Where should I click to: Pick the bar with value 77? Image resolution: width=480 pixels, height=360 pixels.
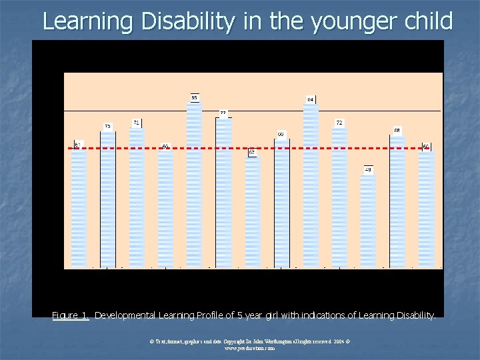pos(223,193)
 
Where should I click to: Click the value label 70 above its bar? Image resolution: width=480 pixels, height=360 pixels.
pos(107,126)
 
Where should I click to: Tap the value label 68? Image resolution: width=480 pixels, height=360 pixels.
pos(397,130)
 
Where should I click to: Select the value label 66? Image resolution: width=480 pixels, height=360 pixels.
pos(281,134)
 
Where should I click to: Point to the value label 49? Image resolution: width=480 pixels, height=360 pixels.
pos(368,169)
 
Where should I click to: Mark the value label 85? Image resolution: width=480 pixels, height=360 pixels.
pos(194,97)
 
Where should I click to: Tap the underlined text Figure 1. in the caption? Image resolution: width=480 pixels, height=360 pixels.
pos(71,315)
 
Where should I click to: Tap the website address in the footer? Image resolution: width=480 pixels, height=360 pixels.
pos(240,348)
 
